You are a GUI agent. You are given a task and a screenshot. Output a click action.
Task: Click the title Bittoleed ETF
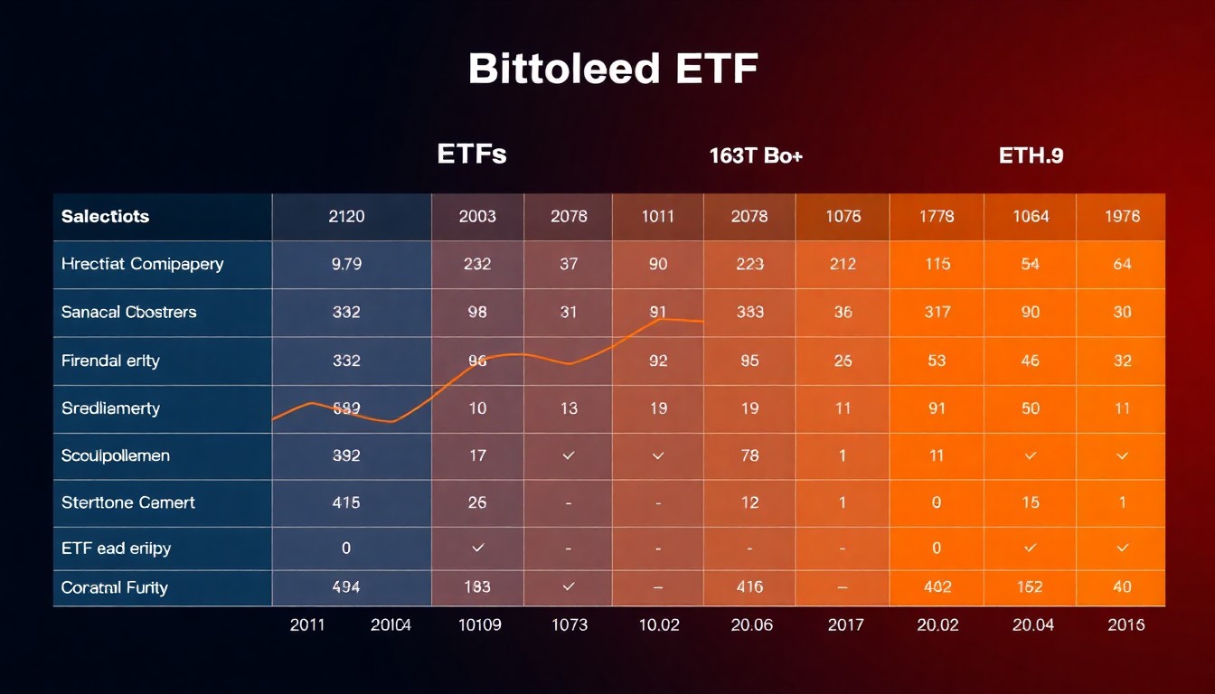[612, 70]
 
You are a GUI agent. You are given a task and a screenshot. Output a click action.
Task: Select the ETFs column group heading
[471, 155]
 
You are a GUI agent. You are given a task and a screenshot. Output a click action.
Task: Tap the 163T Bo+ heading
[756, 155]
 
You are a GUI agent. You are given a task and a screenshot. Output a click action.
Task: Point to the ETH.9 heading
[1031, 155]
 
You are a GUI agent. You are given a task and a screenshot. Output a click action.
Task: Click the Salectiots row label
[105, 217]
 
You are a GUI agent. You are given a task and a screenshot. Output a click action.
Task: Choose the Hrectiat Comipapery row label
[142, 265]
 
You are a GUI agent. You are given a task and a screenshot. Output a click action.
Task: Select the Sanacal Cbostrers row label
[128, 313]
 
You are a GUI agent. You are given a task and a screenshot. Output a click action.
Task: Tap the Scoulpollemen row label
[115, 455]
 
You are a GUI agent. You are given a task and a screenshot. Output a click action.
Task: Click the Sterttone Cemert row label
[127, 502]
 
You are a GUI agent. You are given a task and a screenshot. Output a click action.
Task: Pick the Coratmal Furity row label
[114, 587]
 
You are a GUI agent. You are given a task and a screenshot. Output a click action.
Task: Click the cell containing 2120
[346, 217]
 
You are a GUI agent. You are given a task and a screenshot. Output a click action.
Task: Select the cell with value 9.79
[346, 265]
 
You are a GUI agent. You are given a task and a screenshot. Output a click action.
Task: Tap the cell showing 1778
[937, 217]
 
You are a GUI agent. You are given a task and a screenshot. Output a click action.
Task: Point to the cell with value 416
[749, 587]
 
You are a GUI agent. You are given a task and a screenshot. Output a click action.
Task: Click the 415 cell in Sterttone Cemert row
[346, 502]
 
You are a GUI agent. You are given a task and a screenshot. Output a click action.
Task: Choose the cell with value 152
[1030, 587]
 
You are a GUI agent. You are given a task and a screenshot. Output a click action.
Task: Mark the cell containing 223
[749, 265]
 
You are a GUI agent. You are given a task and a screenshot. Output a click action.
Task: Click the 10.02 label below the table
[658, 624]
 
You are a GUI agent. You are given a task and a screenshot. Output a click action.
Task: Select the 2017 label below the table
[846, 624]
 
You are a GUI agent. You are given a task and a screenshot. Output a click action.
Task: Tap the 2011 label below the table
[308, 624]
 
